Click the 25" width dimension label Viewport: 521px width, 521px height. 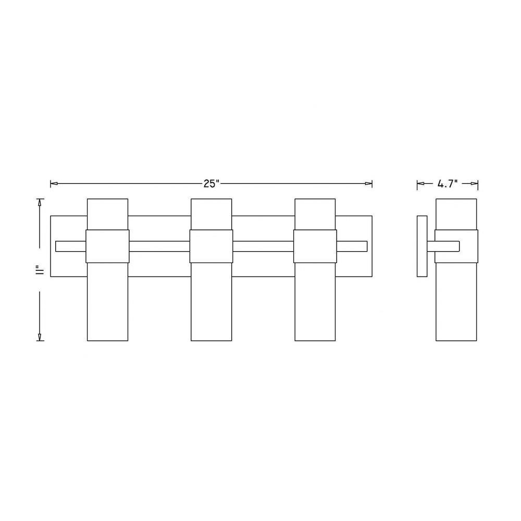212,184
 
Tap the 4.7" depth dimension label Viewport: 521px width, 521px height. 448,184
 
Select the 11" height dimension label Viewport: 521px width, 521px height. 41,270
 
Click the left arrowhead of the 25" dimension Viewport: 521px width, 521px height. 54,183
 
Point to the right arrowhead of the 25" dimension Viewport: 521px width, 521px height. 368,183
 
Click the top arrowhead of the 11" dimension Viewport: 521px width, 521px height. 40,203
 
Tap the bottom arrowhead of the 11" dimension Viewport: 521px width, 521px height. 40,337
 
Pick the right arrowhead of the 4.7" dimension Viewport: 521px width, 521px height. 474,183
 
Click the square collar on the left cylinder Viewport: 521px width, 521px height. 108,246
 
